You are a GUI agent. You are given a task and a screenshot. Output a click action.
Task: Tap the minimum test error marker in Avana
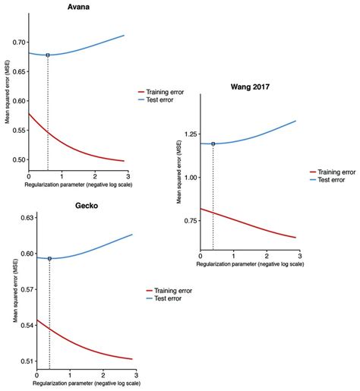tap(48, 55)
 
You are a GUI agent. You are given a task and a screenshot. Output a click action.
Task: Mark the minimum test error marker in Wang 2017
tap(213, 143)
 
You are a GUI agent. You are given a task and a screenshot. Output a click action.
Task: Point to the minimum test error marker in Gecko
tap(49, 259)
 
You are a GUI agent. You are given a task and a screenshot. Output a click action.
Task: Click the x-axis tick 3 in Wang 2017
tap(302, 257)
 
